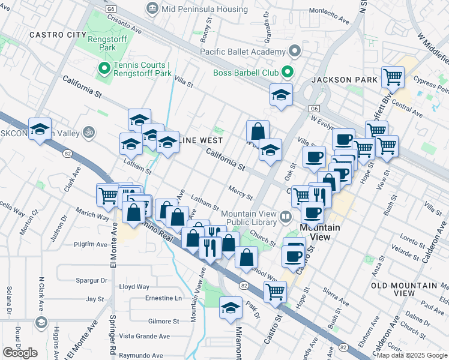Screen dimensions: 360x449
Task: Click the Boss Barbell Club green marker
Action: [287, 73]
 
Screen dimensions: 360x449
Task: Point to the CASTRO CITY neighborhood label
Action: [58, 35]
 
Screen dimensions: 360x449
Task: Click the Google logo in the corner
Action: [20, 353]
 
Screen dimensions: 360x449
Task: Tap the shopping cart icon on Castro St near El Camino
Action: [275, 292]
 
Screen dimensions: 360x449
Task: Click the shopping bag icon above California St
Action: [258, 131]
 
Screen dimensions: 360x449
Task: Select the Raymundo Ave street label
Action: [140, 356]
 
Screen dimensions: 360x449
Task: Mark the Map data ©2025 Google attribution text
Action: [412, 355]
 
